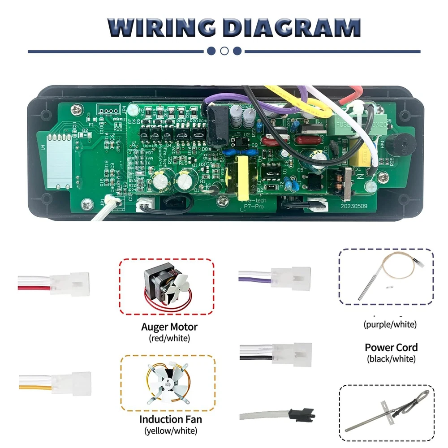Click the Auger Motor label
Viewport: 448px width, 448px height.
pyautogui.click(x=169, y=327)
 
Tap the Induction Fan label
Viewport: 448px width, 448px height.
pyautogui.click(x=170, y=420)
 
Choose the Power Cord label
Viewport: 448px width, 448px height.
pyautogui.click(x=391, y=347)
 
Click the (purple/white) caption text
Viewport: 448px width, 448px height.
pyautogui.click(x=390, y=324)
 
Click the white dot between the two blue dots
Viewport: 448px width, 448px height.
pyautogui.click(x=224, y=51)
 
